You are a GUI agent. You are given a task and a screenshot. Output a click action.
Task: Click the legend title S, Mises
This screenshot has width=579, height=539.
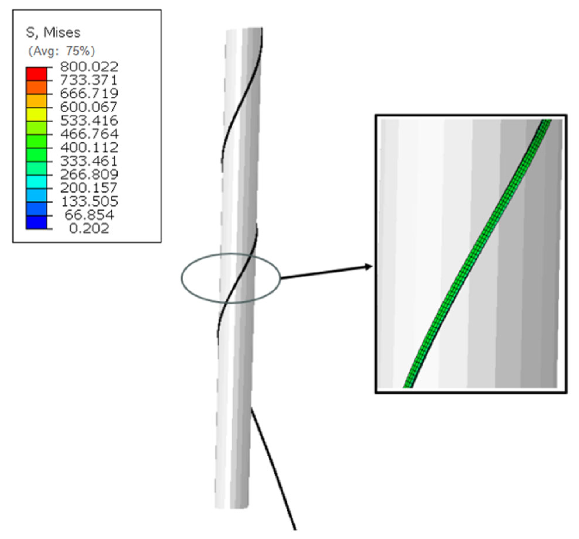click(x=53, y=32)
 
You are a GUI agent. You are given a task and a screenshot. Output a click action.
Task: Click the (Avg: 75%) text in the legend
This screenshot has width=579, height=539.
click(x=61, y=51)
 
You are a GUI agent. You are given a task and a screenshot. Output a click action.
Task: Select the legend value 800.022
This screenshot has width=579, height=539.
click(x=89, y=66)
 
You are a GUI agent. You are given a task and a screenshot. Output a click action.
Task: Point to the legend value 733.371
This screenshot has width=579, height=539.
click(x=89, y=80)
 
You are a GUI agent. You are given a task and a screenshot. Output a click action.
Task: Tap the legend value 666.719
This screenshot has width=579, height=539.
click(x=89, y=93)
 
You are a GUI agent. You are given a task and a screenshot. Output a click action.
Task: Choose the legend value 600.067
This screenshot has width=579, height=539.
click(x=89, y=107)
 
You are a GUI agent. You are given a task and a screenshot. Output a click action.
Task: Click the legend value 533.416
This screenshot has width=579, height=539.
click(x=89, y=120)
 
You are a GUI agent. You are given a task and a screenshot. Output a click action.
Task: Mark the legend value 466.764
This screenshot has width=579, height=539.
click(x=89, y=134)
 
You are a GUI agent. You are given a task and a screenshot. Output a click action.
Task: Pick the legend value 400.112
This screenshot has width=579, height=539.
click(x=89, y=147)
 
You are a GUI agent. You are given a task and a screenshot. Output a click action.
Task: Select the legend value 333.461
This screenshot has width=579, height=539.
click(x=89, y=161)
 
